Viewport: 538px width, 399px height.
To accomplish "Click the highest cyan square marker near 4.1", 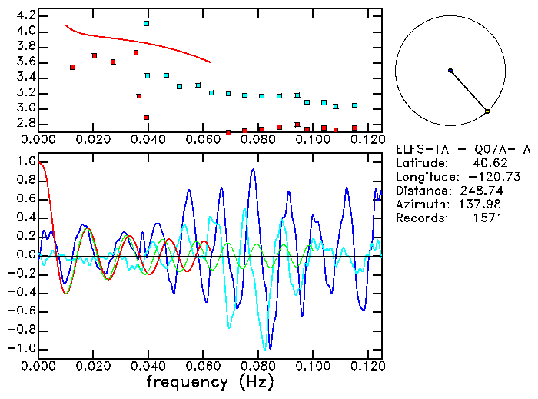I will pyautogui.click(x=146, y=24).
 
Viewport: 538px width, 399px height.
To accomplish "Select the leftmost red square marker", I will pyautogui.click(x=72, y=68).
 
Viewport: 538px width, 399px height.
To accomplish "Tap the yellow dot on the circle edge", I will pyautogui.click(x=487, y=112).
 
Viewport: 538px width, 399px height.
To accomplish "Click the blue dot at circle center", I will pyautogui.click(x=450, y=71).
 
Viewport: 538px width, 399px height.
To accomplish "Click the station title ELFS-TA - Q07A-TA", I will pyautogui.click(x=463, y=149).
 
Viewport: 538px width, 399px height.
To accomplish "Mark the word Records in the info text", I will pyautogui.click(x=420, y=218).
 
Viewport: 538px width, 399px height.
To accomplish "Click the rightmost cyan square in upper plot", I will pyautogui.click(x=354, y=105).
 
